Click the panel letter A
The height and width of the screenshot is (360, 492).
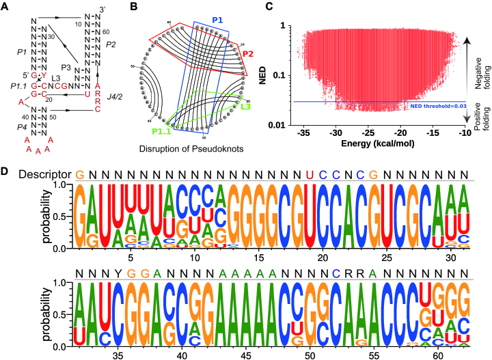click(x=6, y=6)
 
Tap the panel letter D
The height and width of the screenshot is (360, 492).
click(x=6, y=167)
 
